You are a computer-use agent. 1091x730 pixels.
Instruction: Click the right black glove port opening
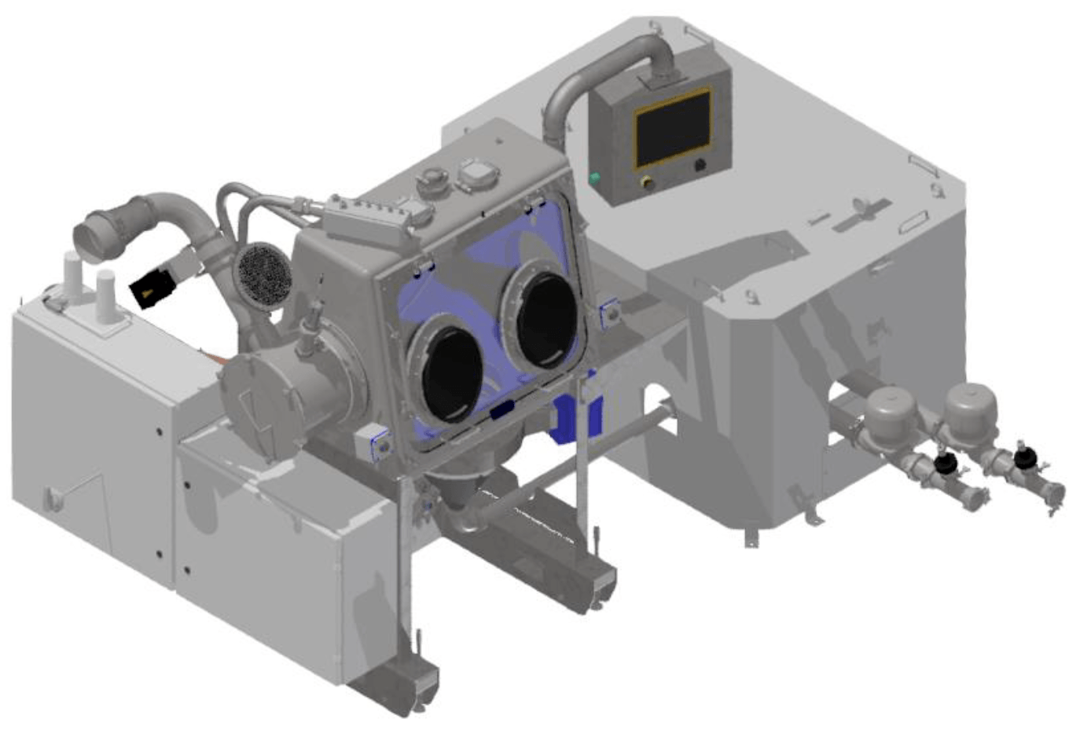click(546, 318)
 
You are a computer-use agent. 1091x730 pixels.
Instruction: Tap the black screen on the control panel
click(673, 129)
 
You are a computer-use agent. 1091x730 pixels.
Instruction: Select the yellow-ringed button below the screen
click(647, 182)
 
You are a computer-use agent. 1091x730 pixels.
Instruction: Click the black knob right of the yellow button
click(699, 166)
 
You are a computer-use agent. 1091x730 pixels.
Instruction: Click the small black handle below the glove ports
click(501, 409)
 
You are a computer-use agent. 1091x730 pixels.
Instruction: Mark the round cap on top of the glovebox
click(432, 178)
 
